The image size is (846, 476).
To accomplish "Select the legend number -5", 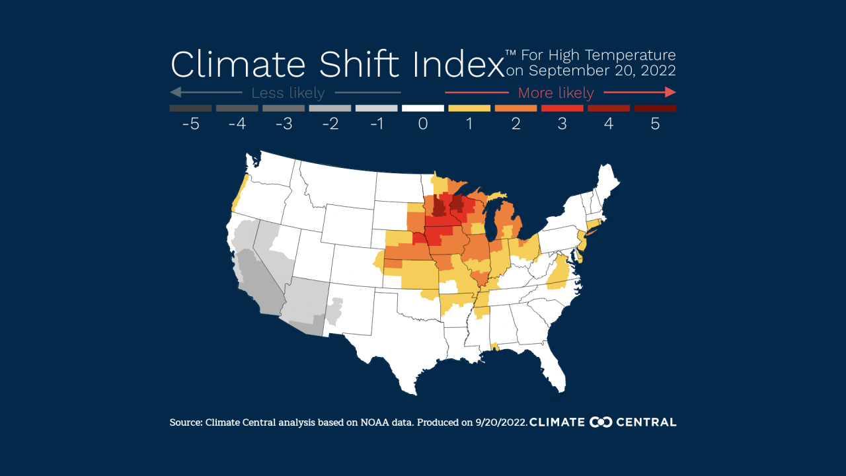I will pyautogui.click(x=190, y=124).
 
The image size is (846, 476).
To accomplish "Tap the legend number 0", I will pyautogui.click(x=423, y=124).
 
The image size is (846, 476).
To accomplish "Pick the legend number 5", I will pyautogui.click(x=655, y=124).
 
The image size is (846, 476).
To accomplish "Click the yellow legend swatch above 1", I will pyautogui.click(x=469, y=108).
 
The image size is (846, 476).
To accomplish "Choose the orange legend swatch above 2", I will pyautogui.click(x=516, y=108).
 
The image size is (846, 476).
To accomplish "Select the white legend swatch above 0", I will pyautogui.click(x=423, y=108).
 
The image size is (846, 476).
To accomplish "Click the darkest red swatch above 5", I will pyautogui.click(x=655, y=108).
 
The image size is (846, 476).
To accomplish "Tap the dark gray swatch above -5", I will pyautogui.click(x=190, y=108).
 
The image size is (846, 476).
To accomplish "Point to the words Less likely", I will pyautogui.click(x=288, y=93).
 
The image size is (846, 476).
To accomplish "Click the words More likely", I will pyautogui.click(x=556, y=93).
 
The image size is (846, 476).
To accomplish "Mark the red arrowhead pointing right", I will pyautogui.click(x=670, y=92).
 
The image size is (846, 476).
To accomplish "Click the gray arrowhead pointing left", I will pyautogui.click(x=175, y=92).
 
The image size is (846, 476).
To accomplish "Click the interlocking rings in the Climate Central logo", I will pyautogui.click(x=601, y=422).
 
